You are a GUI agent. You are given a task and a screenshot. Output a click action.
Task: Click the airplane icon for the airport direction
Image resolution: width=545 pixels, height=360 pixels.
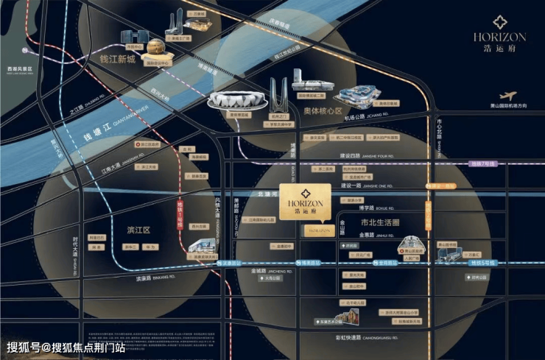coord(507,96)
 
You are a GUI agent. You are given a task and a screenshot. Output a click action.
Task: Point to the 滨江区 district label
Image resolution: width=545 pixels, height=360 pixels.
coord(138,230)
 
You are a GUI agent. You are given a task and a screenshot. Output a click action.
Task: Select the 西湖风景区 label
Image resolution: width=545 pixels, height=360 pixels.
coord(21,68)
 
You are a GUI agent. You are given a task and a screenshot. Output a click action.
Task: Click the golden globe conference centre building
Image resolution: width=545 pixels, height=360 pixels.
coord(156,49)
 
